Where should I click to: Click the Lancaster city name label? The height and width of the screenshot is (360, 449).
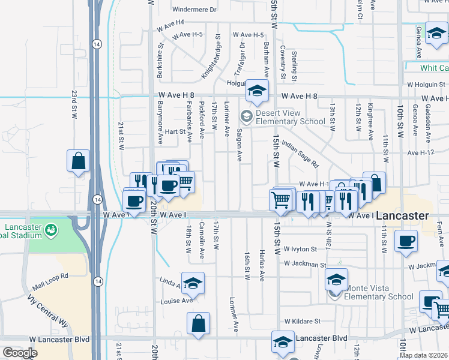click(x=403, y=215)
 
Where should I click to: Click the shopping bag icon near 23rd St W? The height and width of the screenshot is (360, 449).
click(x=78, y=161)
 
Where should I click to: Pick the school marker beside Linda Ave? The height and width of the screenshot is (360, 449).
click(x=193, y=283)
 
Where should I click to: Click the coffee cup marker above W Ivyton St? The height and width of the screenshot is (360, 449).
click(x=406, y=241)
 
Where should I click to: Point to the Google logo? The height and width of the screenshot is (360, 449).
click(x=20, y=352)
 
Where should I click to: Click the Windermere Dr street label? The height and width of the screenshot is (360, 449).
click(x=193, y=10)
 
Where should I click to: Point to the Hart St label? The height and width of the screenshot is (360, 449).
click(x=175, y=131)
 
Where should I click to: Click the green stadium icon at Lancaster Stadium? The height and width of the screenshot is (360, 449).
click(x=51, y=229)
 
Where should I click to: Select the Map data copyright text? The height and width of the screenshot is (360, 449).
click(x=423, y=355)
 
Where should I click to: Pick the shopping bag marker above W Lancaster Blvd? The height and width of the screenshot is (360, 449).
click(x=198, y=323)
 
